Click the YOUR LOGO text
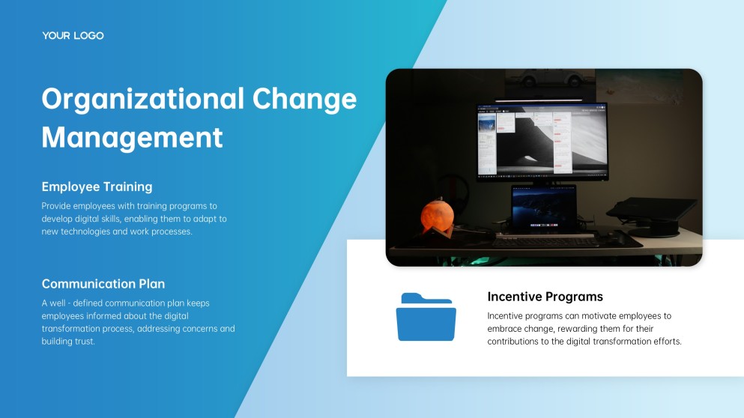pos(73,36)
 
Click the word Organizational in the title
pos(143,99)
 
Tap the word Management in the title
pos(132,138)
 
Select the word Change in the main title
pos(304,99)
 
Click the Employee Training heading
pos(97,187)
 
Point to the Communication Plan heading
pos(103,284)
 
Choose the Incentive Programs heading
pos(545,297)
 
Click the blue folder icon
pos(426,317)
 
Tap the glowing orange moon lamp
pos(437,216)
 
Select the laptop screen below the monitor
pos(543,209)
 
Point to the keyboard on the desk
pos(545,240)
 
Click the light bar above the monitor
pos(539,100)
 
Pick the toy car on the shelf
pos(550,78)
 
